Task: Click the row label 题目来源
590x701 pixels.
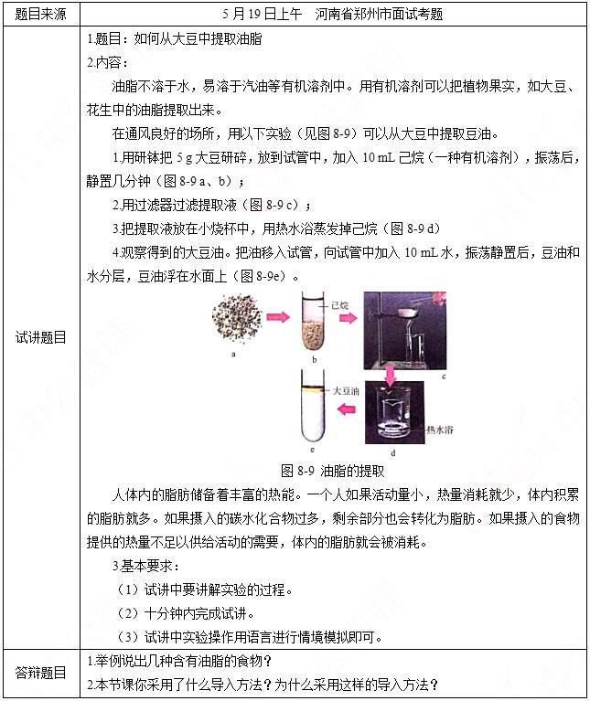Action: pos(40,15)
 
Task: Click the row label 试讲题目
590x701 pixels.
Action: pos(40,337)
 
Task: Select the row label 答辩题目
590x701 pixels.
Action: pos(40,673)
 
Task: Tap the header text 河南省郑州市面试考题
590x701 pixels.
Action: pos(379,15)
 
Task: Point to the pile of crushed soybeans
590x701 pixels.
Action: pos(237,318)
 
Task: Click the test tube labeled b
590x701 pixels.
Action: pos(313,321)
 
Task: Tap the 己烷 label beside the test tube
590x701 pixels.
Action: pos(340,306)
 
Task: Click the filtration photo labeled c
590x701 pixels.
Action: pos(405,330)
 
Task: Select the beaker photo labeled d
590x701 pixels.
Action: pos(394,412)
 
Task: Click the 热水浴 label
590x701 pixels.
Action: pos(440,430)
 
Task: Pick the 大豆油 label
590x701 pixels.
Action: pos(346,391)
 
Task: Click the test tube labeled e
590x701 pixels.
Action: pos(313,406)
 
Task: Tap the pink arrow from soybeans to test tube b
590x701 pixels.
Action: pos(278,317)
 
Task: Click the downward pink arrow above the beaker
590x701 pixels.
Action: pos(391,376)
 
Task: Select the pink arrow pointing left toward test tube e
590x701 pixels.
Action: pos(346,409)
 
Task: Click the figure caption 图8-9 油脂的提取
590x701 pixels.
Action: pos(333,471)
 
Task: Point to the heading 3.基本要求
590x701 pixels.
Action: pos(145,566)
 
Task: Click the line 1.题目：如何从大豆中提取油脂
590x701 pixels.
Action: pos(175,39)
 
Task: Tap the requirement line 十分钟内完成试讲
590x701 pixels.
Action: pos(187,613)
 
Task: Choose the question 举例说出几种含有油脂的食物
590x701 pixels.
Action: pos(179,661)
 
